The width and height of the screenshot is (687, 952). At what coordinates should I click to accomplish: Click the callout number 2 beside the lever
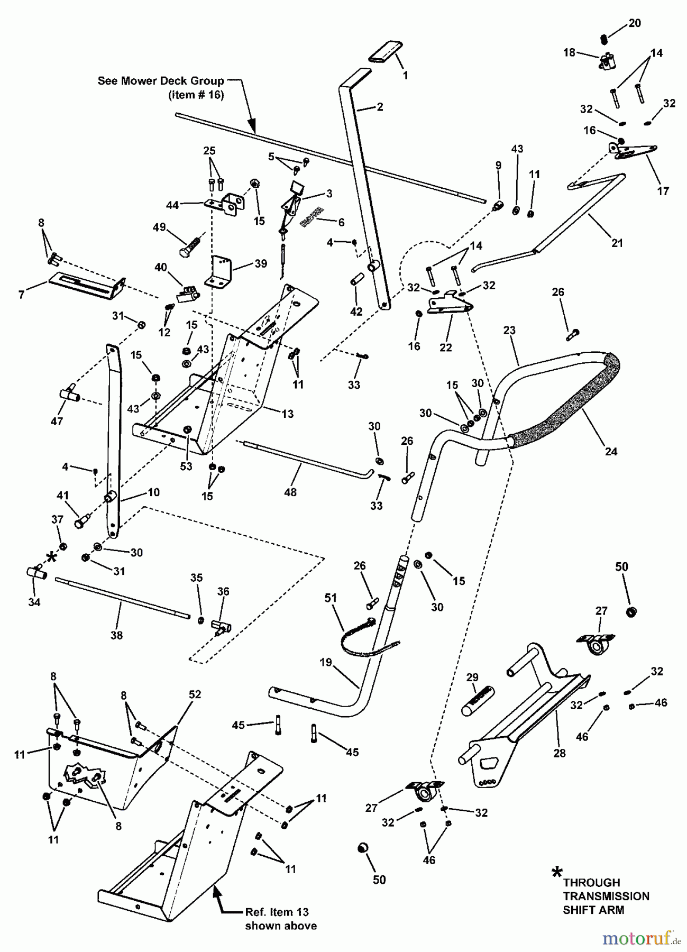point(379,107)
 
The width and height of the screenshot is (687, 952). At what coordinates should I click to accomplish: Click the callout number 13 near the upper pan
point(287,414)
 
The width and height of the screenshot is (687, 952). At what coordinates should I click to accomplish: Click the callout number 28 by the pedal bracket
point(559,753)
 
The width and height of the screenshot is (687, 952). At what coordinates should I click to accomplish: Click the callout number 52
point(195,694)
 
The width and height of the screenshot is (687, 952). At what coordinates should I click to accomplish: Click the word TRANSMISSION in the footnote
point(606,896)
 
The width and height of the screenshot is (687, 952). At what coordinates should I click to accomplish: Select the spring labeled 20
point(606,38)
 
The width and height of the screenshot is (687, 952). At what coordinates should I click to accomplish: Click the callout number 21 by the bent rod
point(617,243)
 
